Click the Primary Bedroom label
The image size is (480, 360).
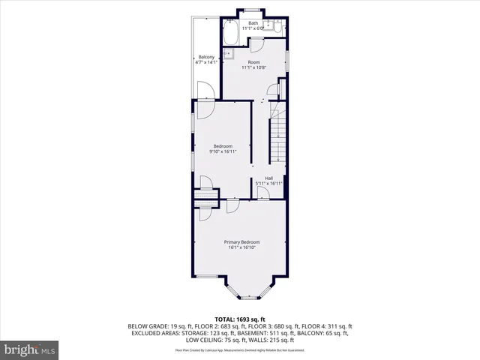click(x=242, y=241)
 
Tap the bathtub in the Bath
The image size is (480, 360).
click(x=230, y=33)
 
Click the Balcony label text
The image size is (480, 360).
click(x=206, y=57)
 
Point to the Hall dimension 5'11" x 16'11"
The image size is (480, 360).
click(x=268, y=183)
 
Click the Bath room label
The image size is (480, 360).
click(x=253, y=23)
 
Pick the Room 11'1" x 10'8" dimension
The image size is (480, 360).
click(x=254, y=67)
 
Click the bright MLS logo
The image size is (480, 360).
click(x=30, y=349)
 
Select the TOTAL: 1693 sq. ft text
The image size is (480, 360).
click(x=240, y=319)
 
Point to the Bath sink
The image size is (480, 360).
click(x=267, y=28)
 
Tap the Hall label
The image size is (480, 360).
click(x=268, y=178)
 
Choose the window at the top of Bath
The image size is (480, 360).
click(x=251, y=9)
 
